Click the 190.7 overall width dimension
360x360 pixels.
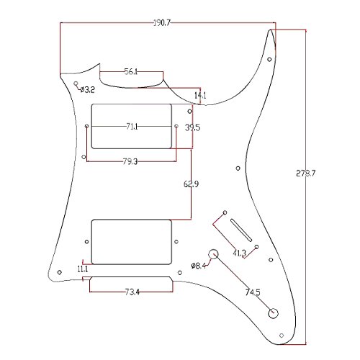162,23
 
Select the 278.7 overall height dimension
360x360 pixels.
305,173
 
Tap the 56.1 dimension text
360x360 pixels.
131,71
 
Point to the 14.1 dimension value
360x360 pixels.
200,96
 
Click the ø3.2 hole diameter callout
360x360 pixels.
88,90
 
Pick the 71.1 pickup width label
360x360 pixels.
132,126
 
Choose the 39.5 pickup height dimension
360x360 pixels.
192,127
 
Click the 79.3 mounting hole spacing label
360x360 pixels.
130,161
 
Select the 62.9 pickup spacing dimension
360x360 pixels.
191,184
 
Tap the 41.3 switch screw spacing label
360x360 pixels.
240,253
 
